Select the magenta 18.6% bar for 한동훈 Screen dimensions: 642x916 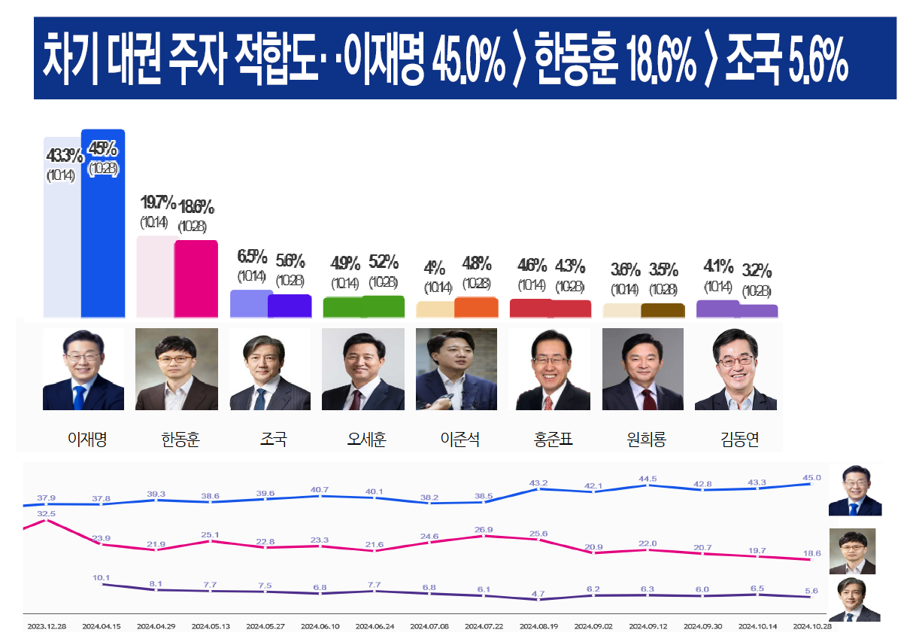pyautogui.click(x=196, y=278)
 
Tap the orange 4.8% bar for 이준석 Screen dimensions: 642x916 pyautogui.click(x=476, y=307)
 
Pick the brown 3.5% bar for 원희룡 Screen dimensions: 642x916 pyautogui.click(x=663, y=310)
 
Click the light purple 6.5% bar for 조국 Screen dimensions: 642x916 pyautogui.click(x=250, y=303)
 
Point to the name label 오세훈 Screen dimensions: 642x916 pyautogui.click(x=366, y=439)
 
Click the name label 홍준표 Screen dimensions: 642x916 pyautogui.click(x=552, y=439)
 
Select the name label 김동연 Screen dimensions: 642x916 pyautogui.click(x=739, y=439)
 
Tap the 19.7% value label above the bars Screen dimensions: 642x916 pyautogui.click(x=158, y=202)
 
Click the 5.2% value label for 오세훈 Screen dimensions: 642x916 pyautogui.click(x=384, y=262)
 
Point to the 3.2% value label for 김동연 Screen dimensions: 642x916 pyautogui.click(x=757, y=271)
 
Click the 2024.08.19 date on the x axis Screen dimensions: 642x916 pyautogui.click(x=538, y=625)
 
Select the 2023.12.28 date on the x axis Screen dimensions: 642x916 pyautogui.click(x=47, y=625)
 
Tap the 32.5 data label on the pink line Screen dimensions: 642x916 pyautogui.click(x=46, y=513)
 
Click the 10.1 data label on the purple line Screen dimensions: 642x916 pyautogui.click(x=102, y=578)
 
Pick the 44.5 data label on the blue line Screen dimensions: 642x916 pyautogui.click(x=648, y=479)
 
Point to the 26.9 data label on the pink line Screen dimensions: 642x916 pyautogui.click(x=484, y=528)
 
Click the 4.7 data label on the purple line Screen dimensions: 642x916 pyautogui.click(x=538, y=594)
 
